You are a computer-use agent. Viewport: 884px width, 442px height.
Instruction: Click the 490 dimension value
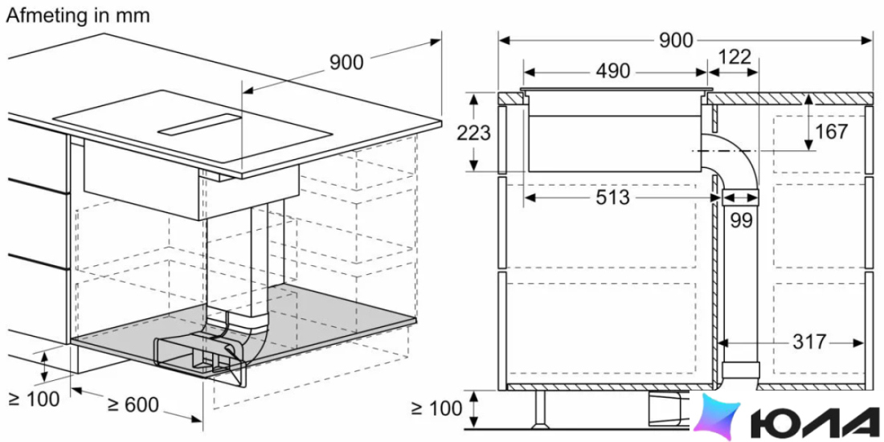pyautogui.click(x=613, y=72)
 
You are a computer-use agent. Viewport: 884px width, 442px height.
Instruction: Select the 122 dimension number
pyautogui.click(x=735, y=58)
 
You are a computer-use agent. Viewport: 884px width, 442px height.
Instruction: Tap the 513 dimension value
pyautogui.click(x=612, y=198)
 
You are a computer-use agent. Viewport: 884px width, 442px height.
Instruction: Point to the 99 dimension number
pyautogui.click(x=742, y=220)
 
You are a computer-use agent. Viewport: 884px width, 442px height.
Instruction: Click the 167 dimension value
pyautogui.click(x=832, y=132)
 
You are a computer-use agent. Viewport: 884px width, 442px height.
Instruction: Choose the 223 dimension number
pyautogui.click(x=473, y=133)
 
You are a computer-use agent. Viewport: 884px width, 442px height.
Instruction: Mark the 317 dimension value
pyautogui.click(x=809, y=342)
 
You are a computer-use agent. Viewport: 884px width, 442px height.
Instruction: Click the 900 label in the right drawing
pyautogui.click(x=677, y=41)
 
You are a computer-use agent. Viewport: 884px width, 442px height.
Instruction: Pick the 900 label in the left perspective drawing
pyautogui.click(x=346, y=63)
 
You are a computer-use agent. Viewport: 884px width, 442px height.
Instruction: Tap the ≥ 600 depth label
pyautogui.click(x=133, y=405)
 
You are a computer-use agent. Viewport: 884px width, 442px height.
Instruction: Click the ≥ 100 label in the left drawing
pyautogui.click(x=34, y=399)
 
